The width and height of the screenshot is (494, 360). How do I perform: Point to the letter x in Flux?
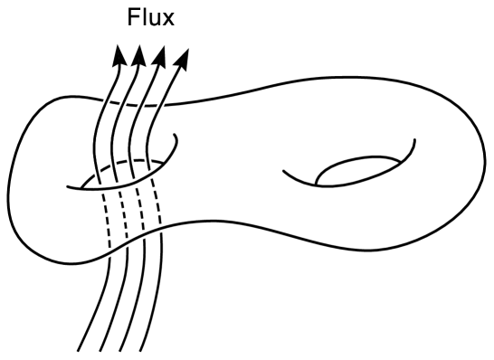pyautogui.click(x=168, y=22)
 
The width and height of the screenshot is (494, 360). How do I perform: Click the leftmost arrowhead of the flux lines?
pyautogui.click(x=119, y=57)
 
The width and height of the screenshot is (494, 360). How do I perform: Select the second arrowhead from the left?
pyautogui.click(x=138, y=57)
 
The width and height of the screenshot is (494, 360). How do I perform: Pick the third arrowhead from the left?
pyautogui.click(x=161, y=57)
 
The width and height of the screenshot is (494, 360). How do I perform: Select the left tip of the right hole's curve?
pyautogui.click(x=283, y=168)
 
